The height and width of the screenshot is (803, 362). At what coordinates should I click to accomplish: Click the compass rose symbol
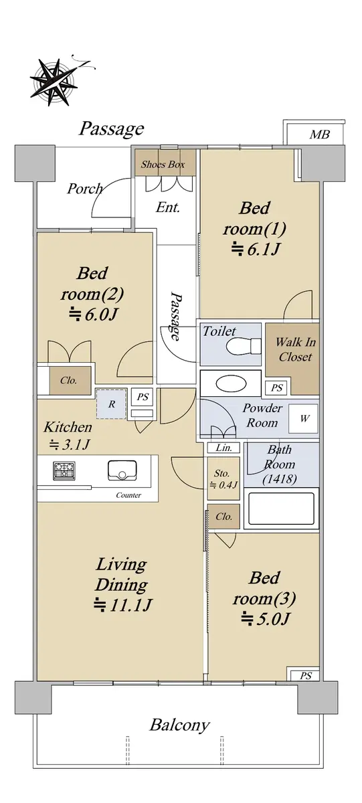coord(54,82)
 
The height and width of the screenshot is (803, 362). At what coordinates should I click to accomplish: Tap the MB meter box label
coord(319,135)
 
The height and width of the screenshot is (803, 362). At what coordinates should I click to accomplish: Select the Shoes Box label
coord(163,165)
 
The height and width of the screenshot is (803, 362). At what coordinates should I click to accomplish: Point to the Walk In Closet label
coord(295,349)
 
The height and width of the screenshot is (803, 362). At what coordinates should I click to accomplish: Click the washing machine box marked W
coord(304,418)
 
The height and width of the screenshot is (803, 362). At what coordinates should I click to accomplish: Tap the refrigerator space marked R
coord(111,404)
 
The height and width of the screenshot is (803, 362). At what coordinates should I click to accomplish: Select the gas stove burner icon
coord(64,470)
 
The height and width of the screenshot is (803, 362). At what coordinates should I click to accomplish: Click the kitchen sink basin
coord(122,470)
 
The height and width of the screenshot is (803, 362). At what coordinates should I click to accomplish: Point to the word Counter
coord(128,495)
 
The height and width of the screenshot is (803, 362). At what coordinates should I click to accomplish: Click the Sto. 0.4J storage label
coord(223,479)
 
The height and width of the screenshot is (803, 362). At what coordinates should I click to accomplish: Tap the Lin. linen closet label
coord(223,448)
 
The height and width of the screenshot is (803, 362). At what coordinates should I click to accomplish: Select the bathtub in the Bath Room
coord(281,509)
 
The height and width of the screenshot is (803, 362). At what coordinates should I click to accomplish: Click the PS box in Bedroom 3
coord(305,676)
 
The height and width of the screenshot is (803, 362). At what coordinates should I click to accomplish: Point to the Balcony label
coord(179,725)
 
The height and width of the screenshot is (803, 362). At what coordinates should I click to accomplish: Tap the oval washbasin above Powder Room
coord(231,383)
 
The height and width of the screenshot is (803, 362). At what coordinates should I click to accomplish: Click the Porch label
coord(85,189)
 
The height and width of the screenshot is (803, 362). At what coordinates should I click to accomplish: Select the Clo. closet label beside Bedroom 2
coord(68,380)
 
